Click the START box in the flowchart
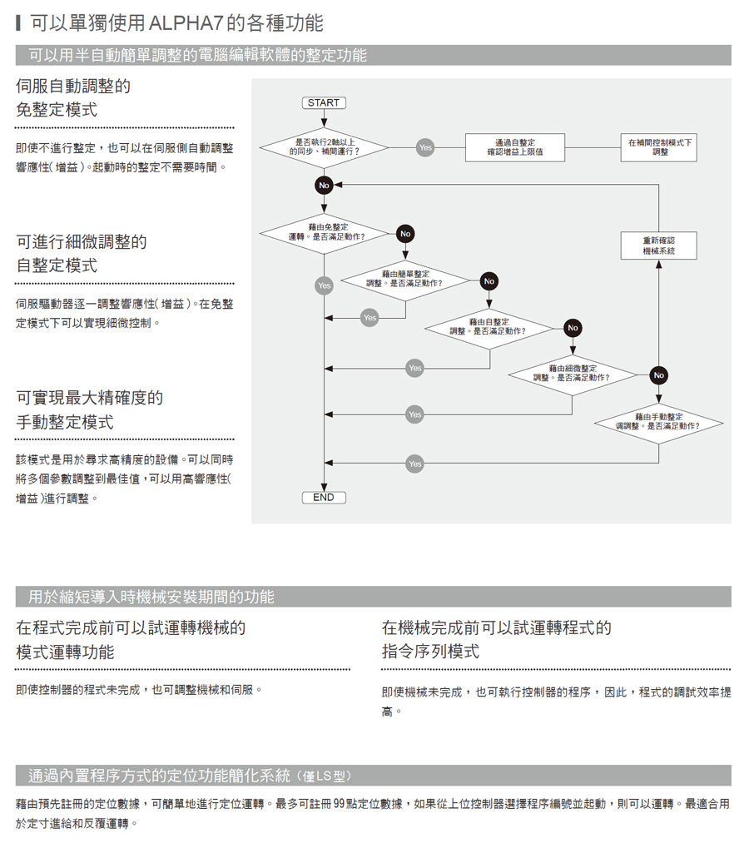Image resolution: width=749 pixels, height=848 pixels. (323, 102)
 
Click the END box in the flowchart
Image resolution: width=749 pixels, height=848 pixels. (323, 497)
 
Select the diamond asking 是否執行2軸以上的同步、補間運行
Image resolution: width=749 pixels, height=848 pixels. (324, 147)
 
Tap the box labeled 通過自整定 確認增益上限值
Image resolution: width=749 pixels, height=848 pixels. (514, 147)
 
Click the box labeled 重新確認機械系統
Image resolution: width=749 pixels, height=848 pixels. (658, 245)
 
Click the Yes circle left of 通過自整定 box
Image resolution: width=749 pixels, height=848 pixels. (425, 147)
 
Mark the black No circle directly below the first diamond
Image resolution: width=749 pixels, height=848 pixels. (324, 185)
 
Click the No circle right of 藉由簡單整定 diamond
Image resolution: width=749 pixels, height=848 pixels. (489, 281)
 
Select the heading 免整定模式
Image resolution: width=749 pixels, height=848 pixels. (57, 109)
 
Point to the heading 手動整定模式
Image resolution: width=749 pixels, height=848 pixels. (65, 422)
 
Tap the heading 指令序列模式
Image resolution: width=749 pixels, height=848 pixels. (430, 651)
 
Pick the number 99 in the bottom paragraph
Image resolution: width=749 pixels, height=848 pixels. (339, 804)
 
